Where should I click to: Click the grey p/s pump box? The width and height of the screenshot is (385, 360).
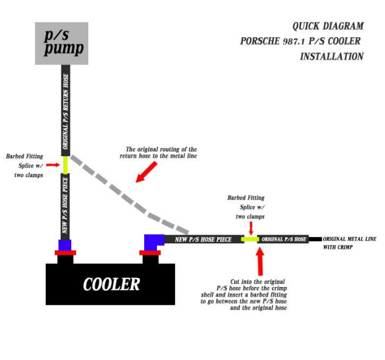(x=61, y=43)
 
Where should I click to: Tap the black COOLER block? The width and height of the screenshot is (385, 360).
(x=111, y=284)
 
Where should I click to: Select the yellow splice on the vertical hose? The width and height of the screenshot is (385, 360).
(x=65, y=164)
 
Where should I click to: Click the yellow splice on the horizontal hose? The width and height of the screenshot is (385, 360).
(x=250, y=239)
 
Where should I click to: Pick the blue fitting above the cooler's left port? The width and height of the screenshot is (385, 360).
(x=65, y=245)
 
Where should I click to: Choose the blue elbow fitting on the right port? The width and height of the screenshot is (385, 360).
(x=151, y=241)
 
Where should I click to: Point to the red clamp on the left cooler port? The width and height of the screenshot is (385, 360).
(x=65, y=252)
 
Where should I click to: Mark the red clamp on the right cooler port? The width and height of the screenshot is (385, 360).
(x=150, y=252)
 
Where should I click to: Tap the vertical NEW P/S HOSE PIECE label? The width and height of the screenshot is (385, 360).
(x=65, y=207)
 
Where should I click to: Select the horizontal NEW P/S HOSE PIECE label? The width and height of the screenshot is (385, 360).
(x=203, y=239)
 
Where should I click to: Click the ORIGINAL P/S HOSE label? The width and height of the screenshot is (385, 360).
(x=284, y=239)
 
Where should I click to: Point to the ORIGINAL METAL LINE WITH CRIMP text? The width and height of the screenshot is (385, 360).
(x=346, y=243)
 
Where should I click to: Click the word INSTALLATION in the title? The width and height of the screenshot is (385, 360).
(x=331, y=57)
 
